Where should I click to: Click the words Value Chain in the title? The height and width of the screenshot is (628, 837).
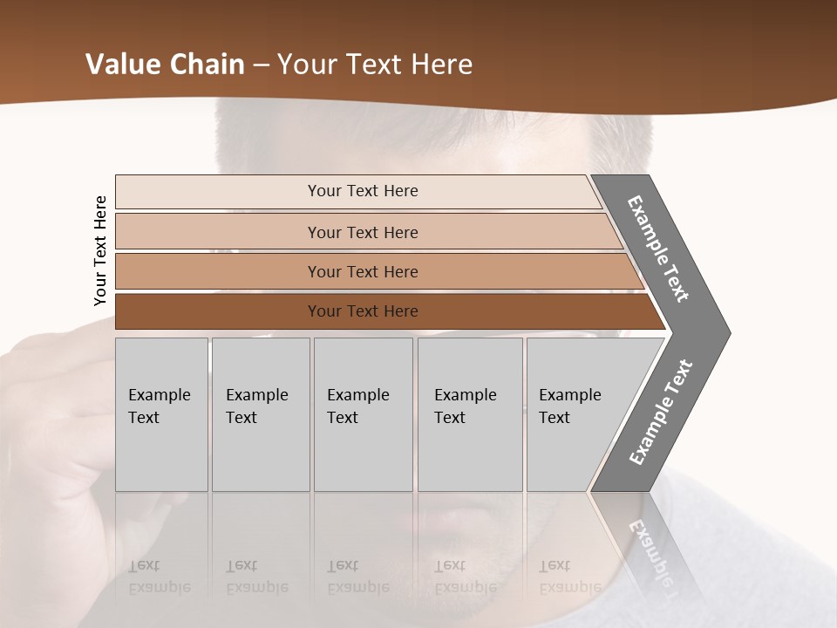click(166, 65)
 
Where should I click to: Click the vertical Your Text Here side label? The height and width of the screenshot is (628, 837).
click(100, 250)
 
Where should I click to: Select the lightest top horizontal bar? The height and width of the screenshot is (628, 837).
click(218, 192)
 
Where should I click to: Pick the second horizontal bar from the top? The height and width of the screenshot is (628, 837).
click(218, 232)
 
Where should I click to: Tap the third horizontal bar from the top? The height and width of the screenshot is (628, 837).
click(218, 271)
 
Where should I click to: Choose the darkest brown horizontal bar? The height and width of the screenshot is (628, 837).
click(218, 311)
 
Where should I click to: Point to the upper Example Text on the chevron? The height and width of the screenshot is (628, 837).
click(658, 249)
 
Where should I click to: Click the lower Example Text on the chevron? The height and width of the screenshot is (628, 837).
click(660, 413)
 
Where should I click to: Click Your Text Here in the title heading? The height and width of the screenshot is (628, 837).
click(375, 65)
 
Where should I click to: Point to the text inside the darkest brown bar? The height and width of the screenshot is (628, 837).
click(363, 311)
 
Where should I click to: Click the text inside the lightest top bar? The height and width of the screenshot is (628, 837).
click(363, 191)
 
